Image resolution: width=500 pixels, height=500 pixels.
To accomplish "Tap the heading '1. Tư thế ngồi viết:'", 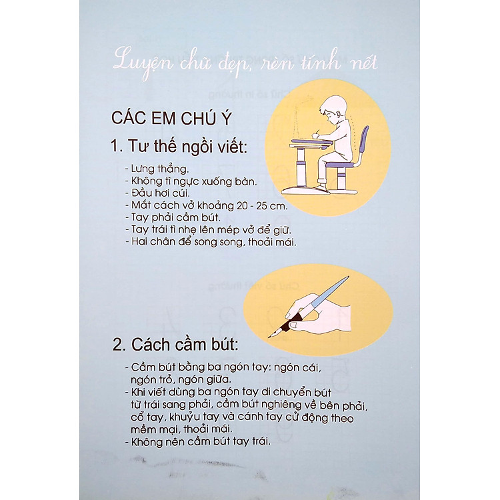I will tap(179, 145).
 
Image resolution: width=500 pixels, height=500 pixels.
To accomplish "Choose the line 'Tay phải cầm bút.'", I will tap(169, 218).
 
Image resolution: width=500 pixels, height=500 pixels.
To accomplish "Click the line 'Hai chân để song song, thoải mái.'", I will tap(209, 242).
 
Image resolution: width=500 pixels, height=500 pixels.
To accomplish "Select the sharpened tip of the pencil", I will tap(272, 335).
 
